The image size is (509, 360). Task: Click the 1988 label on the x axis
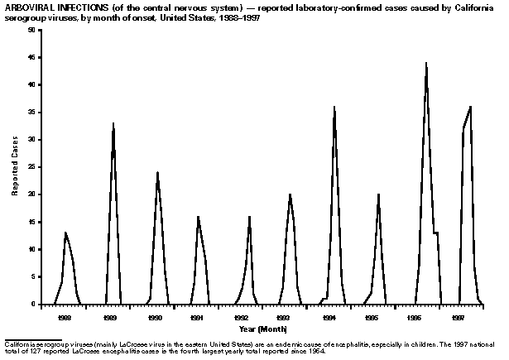[64, 317]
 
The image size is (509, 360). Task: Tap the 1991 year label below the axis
[197, 317]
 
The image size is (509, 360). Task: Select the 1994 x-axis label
[329, 317]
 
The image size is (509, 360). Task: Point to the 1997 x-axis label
[458, 317]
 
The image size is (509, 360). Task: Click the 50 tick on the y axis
[31, 30]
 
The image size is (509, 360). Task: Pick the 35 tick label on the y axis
[31, 112]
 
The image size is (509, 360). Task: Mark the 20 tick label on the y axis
[31, 194]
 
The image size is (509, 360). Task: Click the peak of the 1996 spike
[426, 63]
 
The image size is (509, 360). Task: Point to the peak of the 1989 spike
[113, 123]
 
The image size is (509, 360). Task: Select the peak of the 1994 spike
[334, 107]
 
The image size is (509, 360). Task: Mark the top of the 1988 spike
[65, 233]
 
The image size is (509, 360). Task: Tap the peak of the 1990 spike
[157, 172]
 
